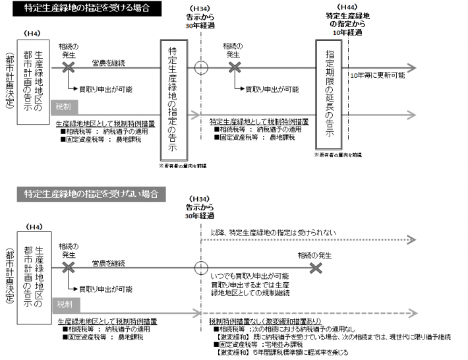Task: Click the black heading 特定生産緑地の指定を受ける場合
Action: (x=84, y=9)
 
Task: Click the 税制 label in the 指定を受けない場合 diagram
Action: (x=64, y=305)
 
